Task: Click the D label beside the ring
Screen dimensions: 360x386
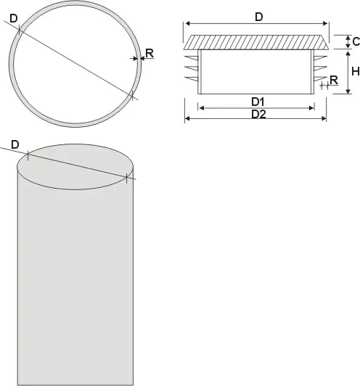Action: (x=14, y=18)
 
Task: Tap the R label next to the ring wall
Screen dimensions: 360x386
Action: (x=150, y=53)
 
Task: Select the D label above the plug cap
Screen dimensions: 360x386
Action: (x=259, y=17)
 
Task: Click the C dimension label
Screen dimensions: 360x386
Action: (x=356, y=41)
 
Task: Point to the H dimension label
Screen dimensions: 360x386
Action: (x=356, y=71)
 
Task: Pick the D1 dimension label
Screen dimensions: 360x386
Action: (x=258, y=102)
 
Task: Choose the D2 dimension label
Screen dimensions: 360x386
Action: (x=258, y=115)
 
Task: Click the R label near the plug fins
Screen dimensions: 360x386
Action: (x=334, y=81)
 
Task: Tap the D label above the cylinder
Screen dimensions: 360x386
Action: (x=15, y=144)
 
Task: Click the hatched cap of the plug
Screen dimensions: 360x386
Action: (x=256, y=42)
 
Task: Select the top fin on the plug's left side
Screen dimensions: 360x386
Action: (x=192, y=58)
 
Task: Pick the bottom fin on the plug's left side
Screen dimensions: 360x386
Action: (x=192, y=79)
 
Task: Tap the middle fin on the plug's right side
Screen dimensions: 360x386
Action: (x=321, y=68)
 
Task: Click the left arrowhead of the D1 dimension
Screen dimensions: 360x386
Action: (x=202, y=108)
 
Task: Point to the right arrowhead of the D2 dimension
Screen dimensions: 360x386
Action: (x=324, y=118)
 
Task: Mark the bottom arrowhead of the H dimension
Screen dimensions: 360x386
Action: (x=348, y=91)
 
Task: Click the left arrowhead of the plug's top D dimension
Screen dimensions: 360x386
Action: (x=188, y=23)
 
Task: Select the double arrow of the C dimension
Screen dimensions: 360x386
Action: (x=348, y=42)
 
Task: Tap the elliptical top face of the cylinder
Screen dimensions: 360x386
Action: (x=75, y=167)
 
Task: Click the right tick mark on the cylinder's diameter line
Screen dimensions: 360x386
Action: (x=126, y=178)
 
